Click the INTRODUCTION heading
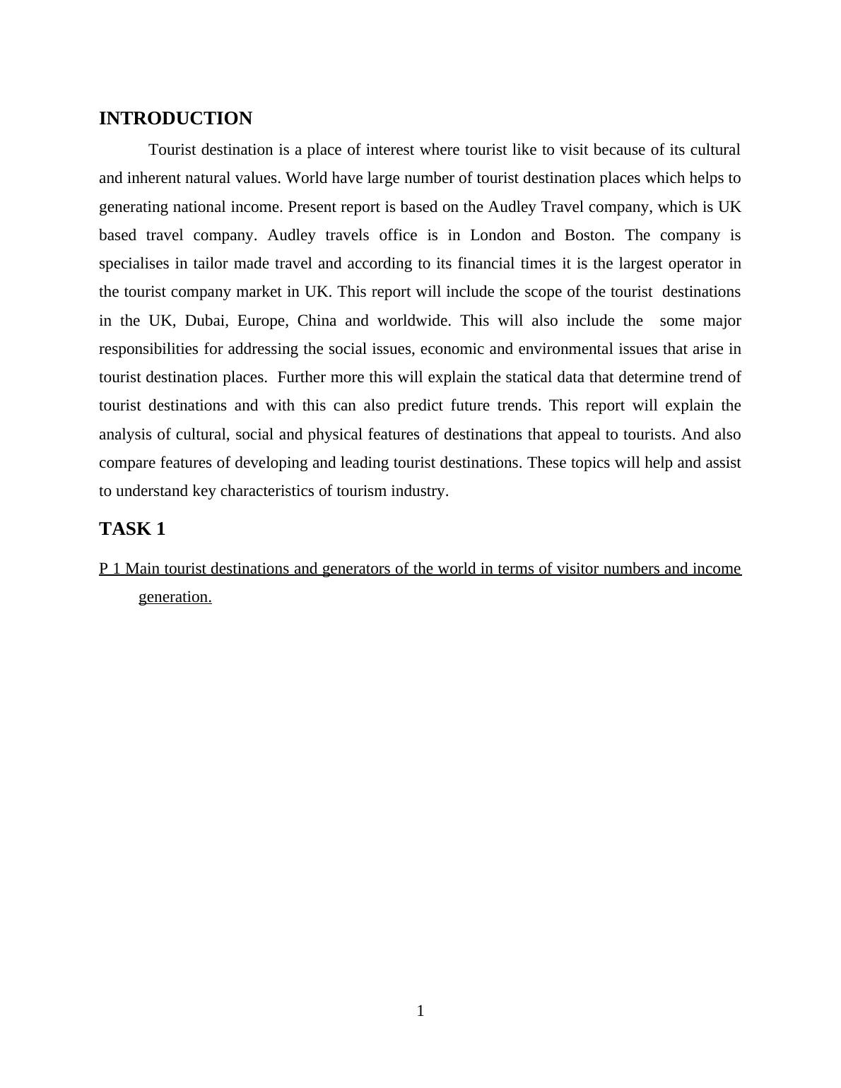click(175, 119)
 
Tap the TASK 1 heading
click(132, 529)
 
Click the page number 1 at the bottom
click(420, 1011)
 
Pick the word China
click(317, 321)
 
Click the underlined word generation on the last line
click(175, 597)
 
